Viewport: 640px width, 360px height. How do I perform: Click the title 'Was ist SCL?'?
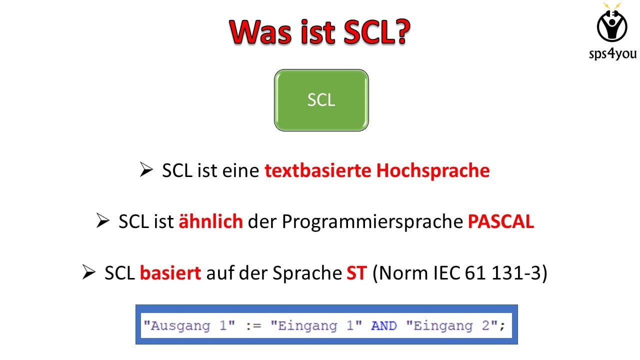320,32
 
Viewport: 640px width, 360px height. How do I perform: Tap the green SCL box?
321,100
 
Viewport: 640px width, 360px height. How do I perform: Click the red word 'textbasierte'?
318,171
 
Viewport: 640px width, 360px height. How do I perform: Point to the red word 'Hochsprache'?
433,171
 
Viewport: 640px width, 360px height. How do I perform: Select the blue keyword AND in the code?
383,326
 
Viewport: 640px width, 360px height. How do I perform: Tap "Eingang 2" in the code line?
452,326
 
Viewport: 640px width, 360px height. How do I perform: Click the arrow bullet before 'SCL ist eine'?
146,171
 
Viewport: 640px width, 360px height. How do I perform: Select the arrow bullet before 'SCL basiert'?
88,273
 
